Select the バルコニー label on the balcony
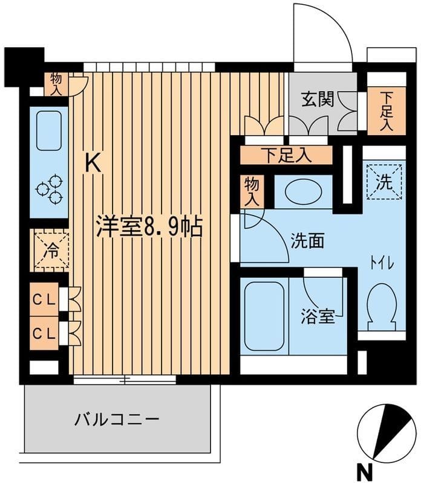point(117,419)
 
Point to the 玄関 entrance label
point(318,100)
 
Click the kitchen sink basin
point(48,130)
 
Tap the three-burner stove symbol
point(49,188)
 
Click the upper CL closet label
point(45,299)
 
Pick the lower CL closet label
point(45,333)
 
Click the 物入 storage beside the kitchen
point(57,84)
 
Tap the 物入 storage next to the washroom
point(251,191)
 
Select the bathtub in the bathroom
point(263,316)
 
